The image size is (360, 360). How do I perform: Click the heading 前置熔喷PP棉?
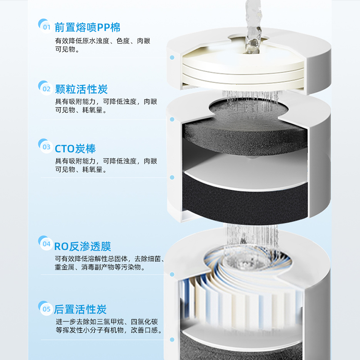point(87,27)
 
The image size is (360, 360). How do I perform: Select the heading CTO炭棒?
point(75,148)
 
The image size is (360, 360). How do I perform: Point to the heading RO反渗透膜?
point(82,246)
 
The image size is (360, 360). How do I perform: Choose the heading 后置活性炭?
point(81,309)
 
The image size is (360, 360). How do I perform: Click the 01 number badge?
point(45,27)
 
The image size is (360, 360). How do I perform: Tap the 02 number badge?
point(45,88)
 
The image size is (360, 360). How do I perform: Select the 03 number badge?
point(45,146)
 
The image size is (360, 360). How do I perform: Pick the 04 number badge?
point(45,244)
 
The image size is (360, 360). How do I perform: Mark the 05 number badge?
point(45,309)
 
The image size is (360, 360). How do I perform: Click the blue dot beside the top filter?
point(172,58)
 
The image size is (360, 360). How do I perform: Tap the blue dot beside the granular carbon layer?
point(172,119)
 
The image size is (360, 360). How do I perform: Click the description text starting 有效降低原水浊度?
point(103,41)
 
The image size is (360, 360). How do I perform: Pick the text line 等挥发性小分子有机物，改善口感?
point(108,330)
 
